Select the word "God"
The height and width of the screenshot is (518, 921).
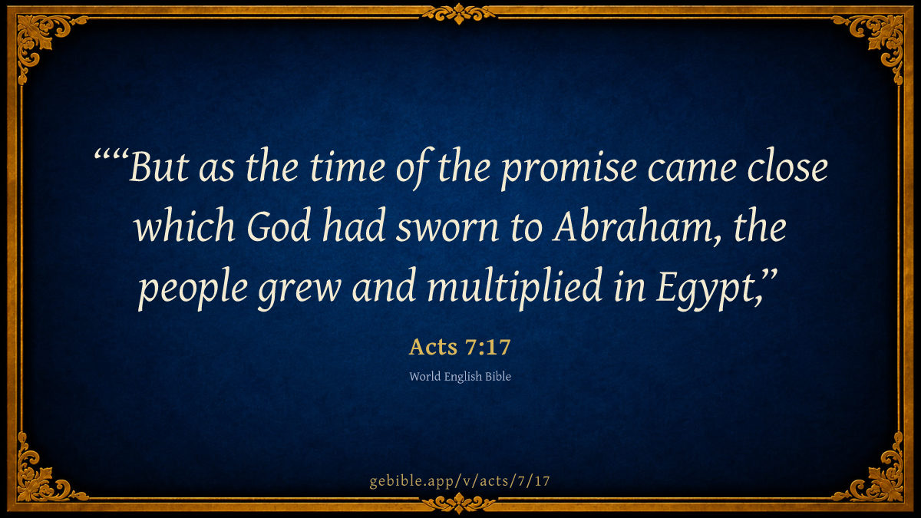(x=279, y=226)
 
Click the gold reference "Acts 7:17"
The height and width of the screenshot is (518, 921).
(x=460, y=347)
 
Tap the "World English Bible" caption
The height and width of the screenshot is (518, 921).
(x=460, y=377)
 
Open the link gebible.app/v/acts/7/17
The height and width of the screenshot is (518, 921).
(x=460, y=481)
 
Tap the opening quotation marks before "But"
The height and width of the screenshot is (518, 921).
(x=111, y=157)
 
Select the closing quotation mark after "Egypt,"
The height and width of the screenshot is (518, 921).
(x=770, y=276)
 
